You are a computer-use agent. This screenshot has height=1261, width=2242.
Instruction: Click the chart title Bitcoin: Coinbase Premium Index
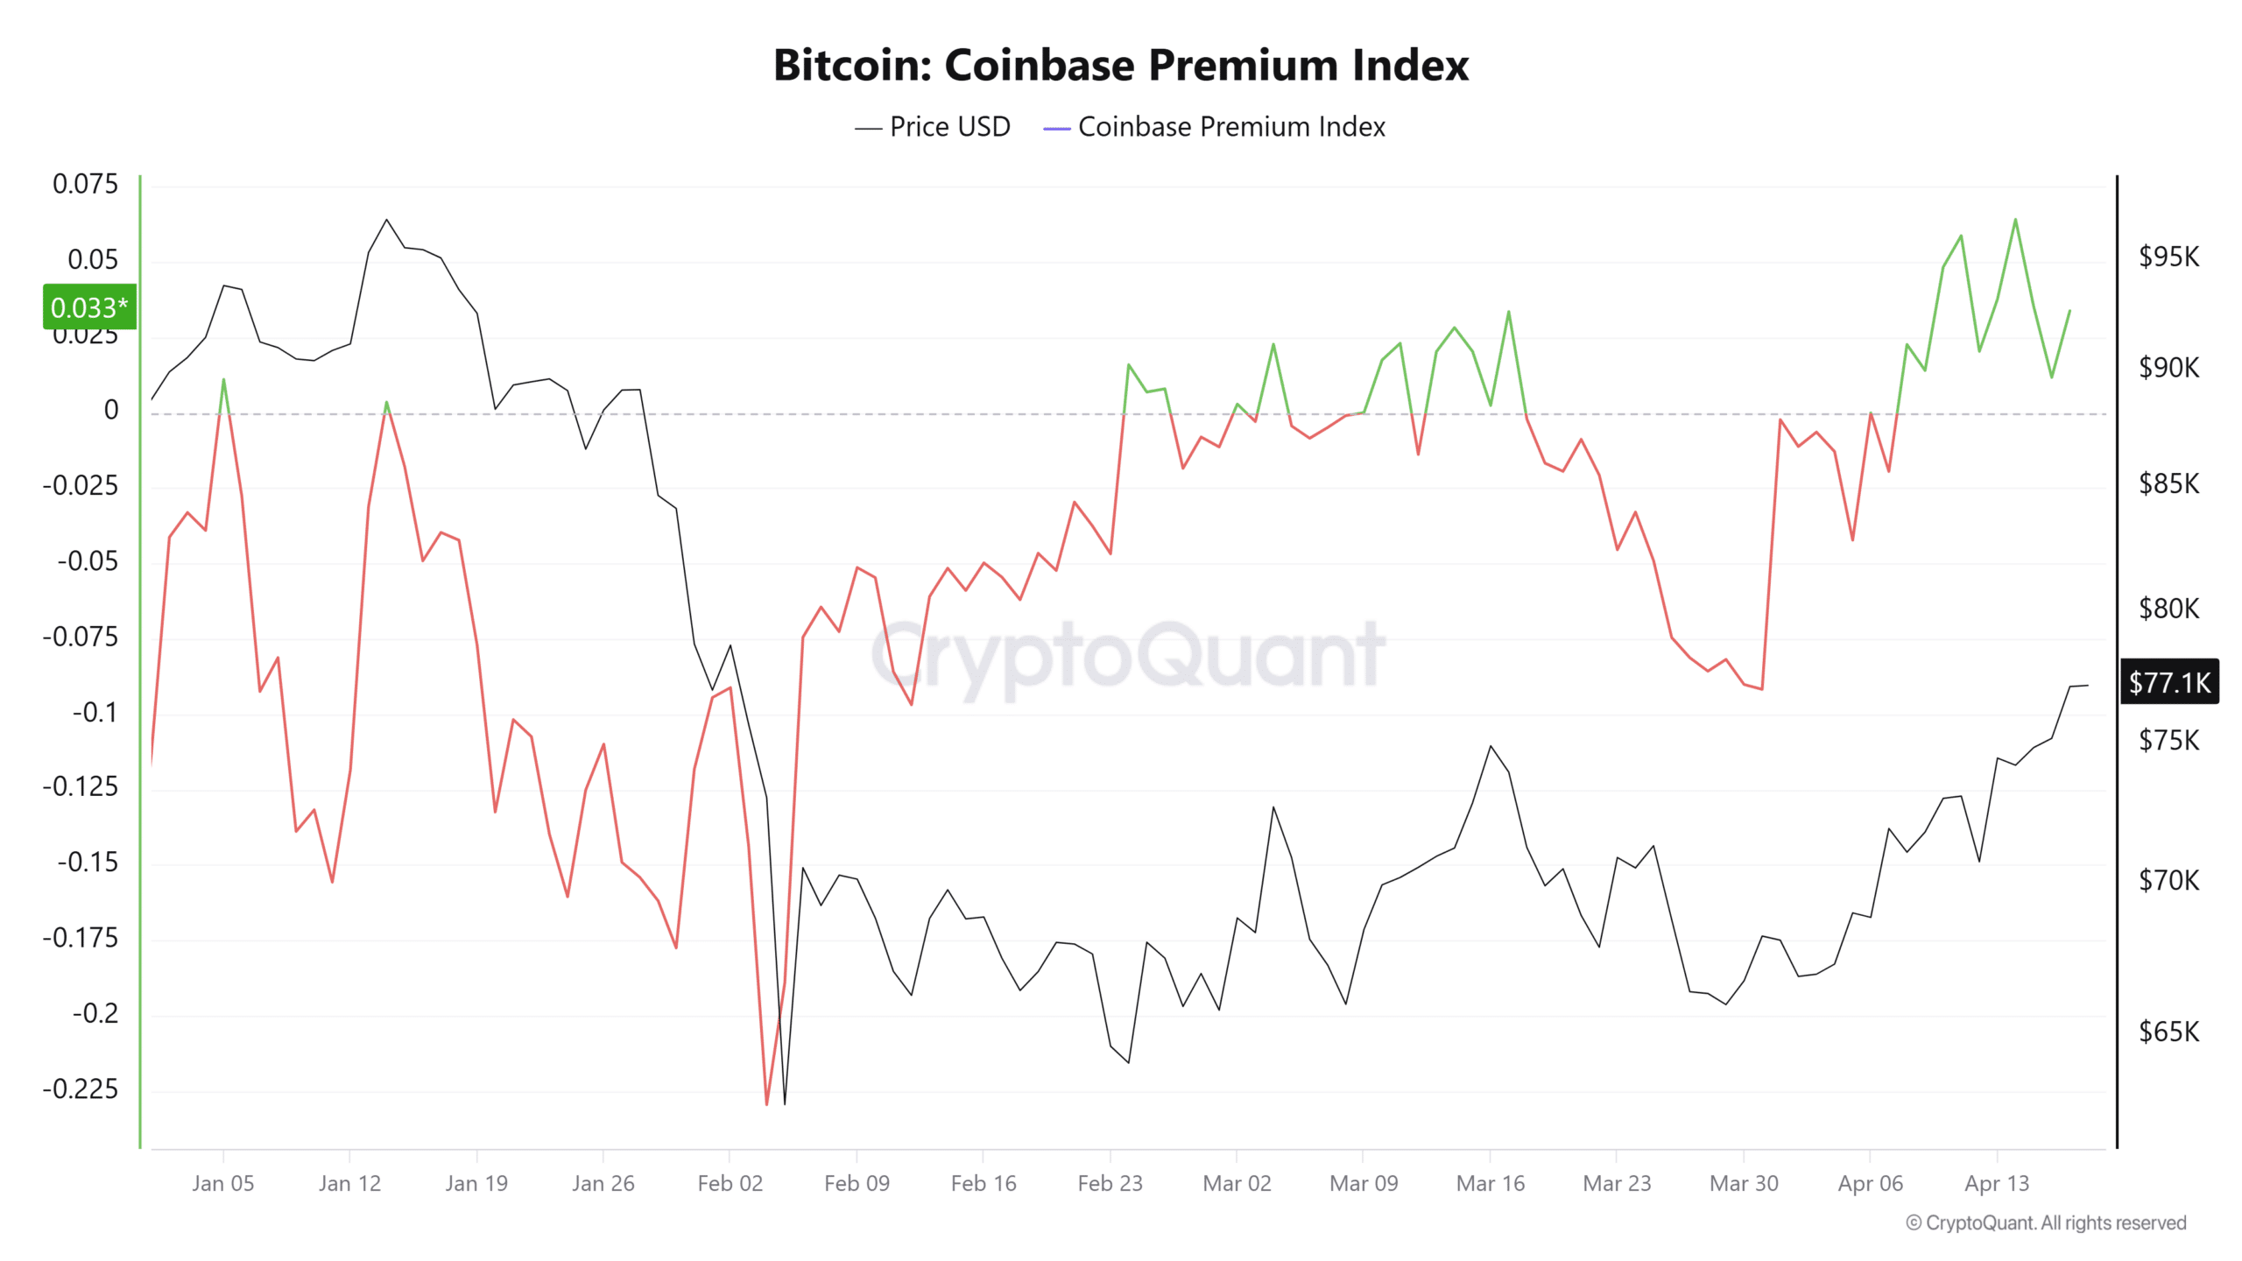(x=1120, y=66)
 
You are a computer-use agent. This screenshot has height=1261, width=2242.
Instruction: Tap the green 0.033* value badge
(x=89, y=307)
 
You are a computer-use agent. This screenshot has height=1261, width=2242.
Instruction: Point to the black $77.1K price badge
(x=2169, y=682)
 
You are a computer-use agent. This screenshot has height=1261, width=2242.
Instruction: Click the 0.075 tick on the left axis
(x=85, y=184)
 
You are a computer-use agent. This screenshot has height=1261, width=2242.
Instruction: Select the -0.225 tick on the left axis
(x=80, y=1089)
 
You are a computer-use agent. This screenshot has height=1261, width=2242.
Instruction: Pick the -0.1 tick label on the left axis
(x=95, y=712)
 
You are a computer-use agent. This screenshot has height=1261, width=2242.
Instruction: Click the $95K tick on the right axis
(x=2168, y=257)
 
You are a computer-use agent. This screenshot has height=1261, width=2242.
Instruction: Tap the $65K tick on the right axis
(x=2168, y=1032)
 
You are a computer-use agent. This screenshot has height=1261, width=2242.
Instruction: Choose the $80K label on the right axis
(x=2168, y=608)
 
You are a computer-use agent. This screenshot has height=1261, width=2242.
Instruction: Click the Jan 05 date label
(x=222, y=1184)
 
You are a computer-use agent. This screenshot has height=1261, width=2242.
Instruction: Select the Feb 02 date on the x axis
(x=730, y=1184)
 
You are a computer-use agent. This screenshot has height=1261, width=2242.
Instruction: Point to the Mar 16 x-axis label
(x=1490, y=1184)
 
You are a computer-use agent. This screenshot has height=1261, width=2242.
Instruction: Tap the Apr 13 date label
(x=1996, y=1184)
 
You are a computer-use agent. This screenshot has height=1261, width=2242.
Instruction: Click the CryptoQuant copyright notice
(x=2046, y=1223)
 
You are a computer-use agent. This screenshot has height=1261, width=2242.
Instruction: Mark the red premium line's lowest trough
(x=766, y=1103)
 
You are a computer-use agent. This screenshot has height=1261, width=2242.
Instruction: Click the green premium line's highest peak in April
(x=2015, y=220)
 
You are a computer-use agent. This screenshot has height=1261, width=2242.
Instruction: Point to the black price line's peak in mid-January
(x=386, y=220)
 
